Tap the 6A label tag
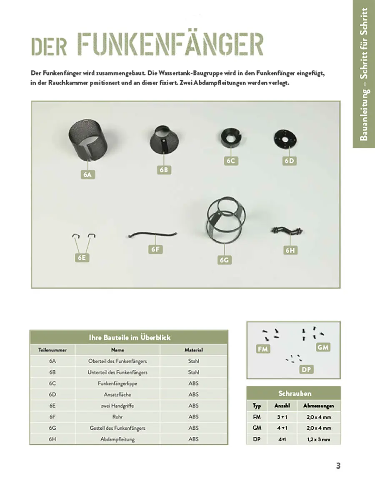(x=87, y=175)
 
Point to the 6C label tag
(x=231, y=161)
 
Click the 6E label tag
(x=82, y=257)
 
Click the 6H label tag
(x=290, y=250)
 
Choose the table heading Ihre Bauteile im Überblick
(x=129, y=337)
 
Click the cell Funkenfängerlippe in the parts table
(x=117, y=383)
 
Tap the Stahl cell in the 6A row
(x=193, y=361)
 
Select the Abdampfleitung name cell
(x=117, y=439)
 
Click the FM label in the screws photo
(x=263, y=349)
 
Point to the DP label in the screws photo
(x=306, y=369)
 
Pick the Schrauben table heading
(x=294, y=393)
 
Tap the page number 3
(x=338, y=466)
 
